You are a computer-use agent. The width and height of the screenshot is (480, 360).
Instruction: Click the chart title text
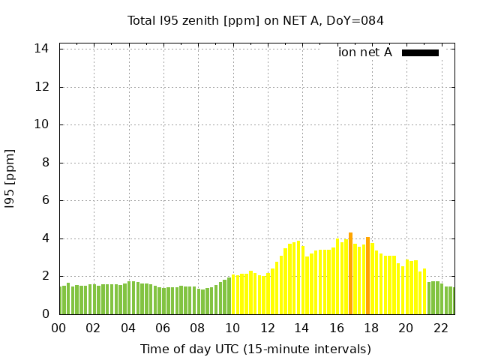255,21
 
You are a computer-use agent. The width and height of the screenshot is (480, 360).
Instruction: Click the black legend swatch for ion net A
420,52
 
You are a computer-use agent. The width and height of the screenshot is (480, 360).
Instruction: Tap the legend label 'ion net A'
365,52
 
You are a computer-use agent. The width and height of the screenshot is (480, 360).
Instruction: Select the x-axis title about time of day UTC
255,349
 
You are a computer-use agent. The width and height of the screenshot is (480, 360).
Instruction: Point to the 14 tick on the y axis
43,49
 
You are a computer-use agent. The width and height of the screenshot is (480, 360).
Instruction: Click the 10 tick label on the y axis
43,124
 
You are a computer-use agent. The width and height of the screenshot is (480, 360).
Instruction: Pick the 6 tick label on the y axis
46,201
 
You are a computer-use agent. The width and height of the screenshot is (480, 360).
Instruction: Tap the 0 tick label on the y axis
46,314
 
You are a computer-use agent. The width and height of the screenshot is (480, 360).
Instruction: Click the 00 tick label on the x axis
59,328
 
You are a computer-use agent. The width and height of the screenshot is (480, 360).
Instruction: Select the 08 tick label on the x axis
198,328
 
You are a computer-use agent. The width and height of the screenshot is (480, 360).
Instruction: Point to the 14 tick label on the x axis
302,328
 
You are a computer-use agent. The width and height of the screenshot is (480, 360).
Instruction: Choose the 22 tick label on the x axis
441,328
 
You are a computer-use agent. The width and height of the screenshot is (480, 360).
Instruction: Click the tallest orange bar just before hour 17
350,274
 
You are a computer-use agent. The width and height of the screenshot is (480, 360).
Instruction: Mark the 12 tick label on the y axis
43,87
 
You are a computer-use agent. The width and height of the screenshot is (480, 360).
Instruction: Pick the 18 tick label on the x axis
371,328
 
